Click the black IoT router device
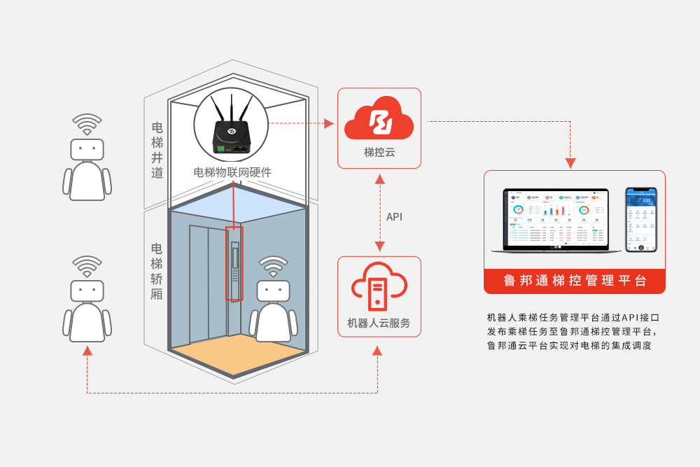(x=231, y=137)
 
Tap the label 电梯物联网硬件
(x=232, y=172)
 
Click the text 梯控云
(x=379, y=152)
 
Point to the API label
(x=394, y=217)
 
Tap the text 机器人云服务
(x=379, y=323)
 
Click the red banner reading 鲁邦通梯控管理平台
(x=574, y=281)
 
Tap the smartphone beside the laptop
(x=640, y=219)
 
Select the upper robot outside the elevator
(x=87, y=168)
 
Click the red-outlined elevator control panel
(x=234, y=263)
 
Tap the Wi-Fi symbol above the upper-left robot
(x=87, y=124)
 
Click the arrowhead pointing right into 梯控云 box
(x=329, y=123)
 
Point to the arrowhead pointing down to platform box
(x=570, y=163)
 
